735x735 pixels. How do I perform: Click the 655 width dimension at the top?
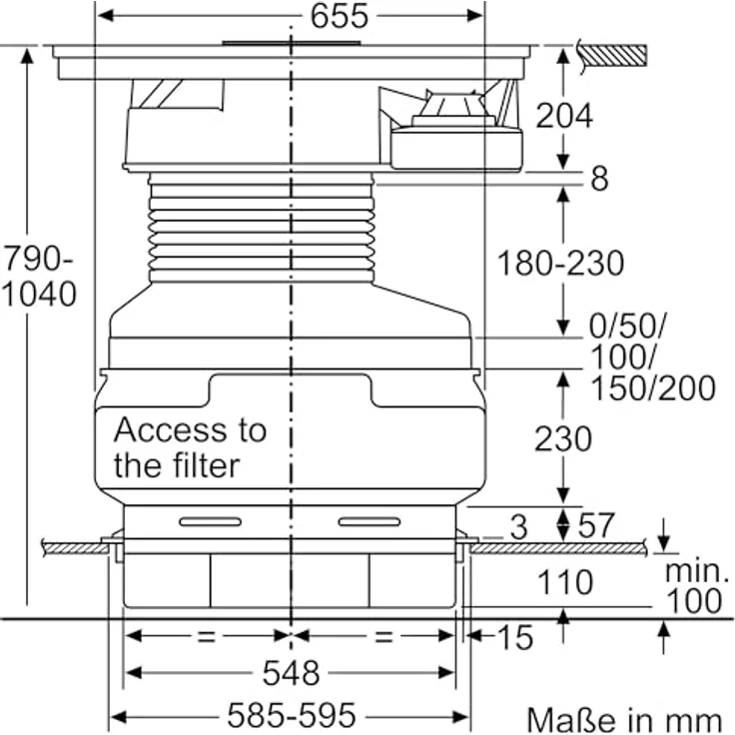[x=340, y=16]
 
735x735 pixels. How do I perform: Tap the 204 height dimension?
[x=564, y=115]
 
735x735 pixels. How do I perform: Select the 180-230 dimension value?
[x=560, y=263]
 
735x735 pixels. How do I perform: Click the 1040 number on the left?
[x=39, y=294]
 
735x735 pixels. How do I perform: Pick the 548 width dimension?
[x=291, y=673]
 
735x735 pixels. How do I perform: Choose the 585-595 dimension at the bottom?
[x=292, y=715]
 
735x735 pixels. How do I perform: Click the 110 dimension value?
[x=565, y=582]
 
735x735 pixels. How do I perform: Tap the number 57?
[x=596, y=526]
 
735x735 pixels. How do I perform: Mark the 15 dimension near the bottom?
[x=515, y=637]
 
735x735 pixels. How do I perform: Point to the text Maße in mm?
[x=624, y=720]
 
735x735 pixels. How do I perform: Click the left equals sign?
[x=207, y=636]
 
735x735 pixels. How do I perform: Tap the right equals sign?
[x=383, y=636]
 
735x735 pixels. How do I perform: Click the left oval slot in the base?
[x=211, y=521]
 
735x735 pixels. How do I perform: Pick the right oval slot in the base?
[x=369, y=521]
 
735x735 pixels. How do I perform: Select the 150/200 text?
[x=653, y=388]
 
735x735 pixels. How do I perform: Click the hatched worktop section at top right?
[x=615, y=55]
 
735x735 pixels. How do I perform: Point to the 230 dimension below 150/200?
[x=563, y=439]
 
